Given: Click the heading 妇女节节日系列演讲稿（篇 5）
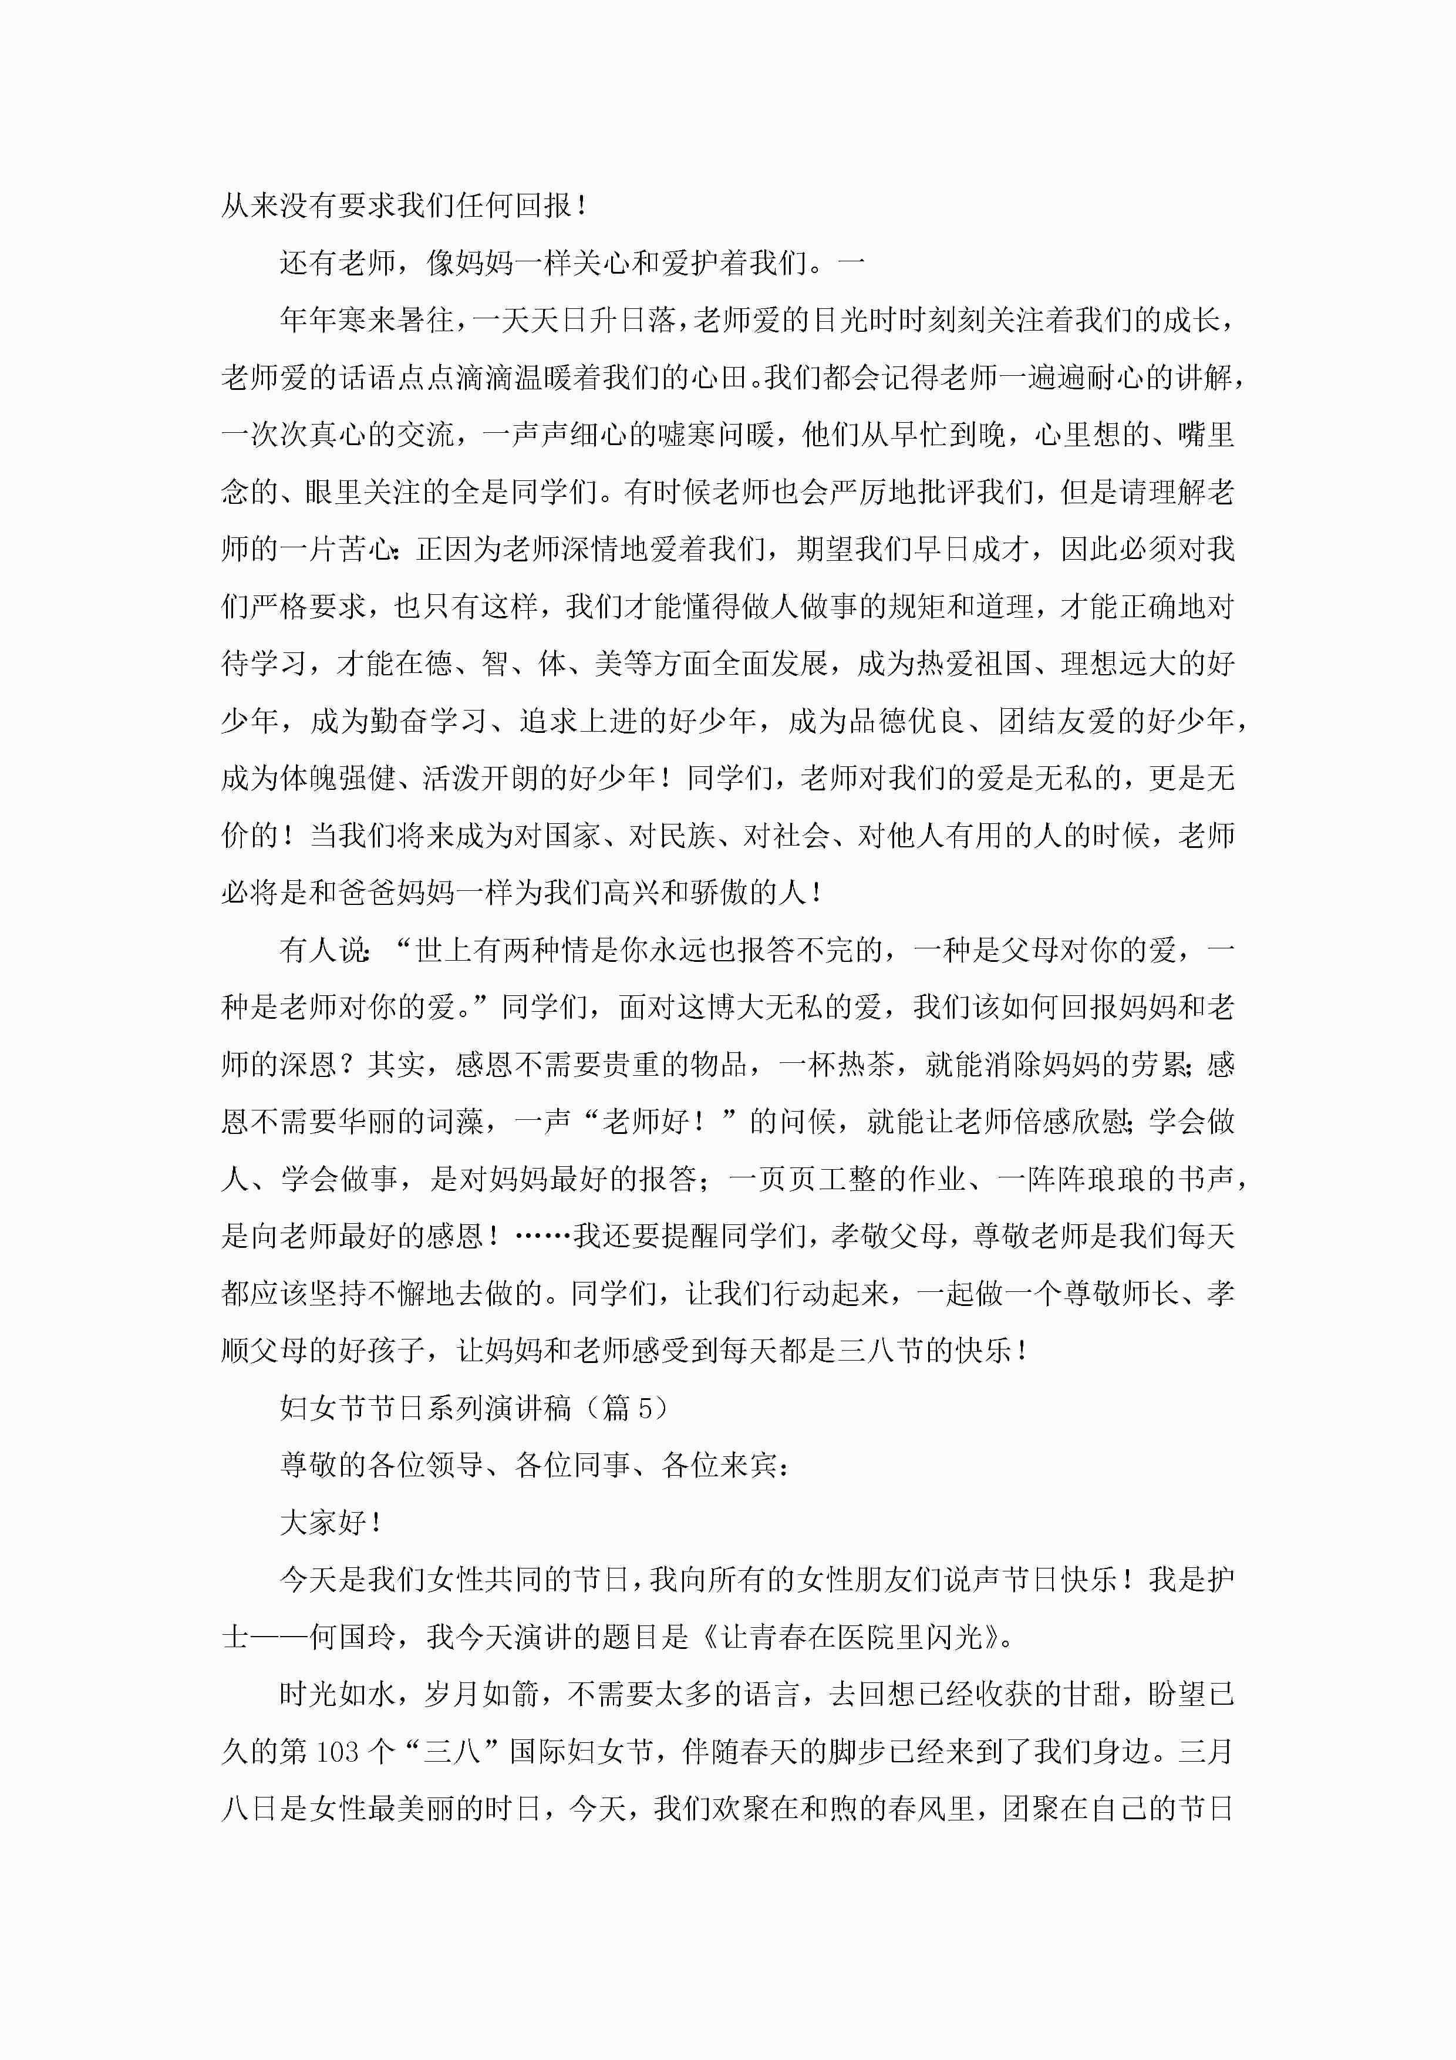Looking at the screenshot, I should coord(474,1408).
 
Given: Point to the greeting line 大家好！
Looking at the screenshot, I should coord(332,1522).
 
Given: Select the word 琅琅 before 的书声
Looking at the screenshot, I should coord(1088,1179).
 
